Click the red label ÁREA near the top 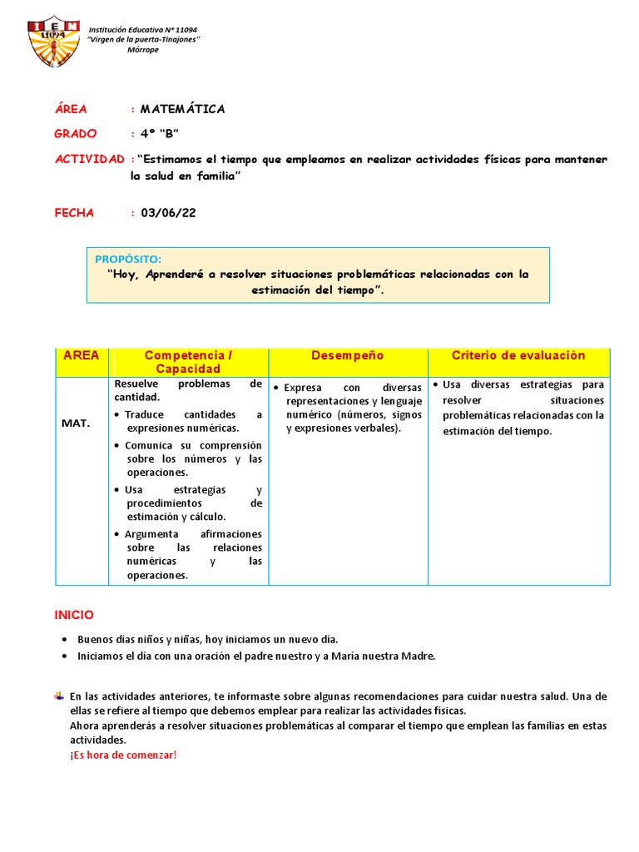(71, 109)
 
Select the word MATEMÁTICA (182, 109)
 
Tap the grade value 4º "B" (160, 133)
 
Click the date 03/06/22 (168, 213)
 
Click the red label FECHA (74, 213)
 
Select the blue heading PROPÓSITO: (128, 259)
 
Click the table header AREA (81, 355)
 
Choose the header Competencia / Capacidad (188, 362)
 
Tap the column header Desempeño (347, 355)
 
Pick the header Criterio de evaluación (518, 355)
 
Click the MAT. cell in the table (75, 423)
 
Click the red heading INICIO (74, 615)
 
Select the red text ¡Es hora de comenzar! (123, 755)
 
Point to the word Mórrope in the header (142, 50)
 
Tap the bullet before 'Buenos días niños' (65, 640)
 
